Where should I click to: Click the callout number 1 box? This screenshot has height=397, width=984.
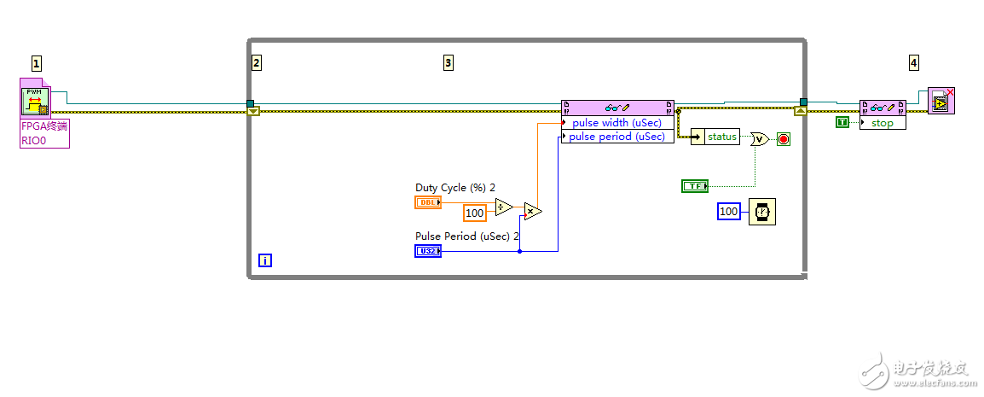[x=37, y=62]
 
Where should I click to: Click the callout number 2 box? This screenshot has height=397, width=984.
[x=257, y=62]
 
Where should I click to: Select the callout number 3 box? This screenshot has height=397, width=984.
[x=449, y=62]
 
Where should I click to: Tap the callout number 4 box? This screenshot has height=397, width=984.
[x=914, y=62]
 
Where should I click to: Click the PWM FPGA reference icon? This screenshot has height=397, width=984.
[x=35, y=98]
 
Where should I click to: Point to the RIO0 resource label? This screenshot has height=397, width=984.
[x=33, y=140]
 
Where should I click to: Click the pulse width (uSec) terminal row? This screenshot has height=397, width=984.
[x=617, y=123]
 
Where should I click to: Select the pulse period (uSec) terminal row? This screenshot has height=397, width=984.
[x=617, y=137]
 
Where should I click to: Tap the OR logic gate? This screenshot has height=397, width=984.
[x=759, y=138]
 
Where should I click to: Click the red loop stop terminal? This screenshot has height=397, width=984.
[x=783, y=138]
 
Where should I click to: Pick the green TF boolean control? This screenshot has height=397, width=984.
[x=695, y=185]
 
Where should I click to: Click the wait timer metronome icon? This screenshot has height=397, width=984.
[x=762, y=211]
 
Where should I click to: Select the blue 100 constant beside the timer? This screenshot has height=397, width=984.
[x=729, y=211]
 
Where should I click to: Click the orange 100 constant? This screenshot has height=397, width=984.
[x=475, y=213]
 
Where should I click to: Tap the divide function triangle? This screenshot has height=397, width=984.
[x=504, y=207]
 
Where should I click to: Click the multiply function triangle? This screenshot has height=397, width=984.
[x=532, y=211]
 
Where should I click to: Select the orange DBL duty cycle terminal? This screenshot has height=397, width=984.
[x=428, y=202]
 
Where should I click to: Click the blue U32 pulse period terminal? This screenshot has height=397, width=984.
[x=428, y=251]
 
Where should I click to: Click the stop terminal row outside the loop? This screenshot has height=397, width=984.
[x=883, y=123]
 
